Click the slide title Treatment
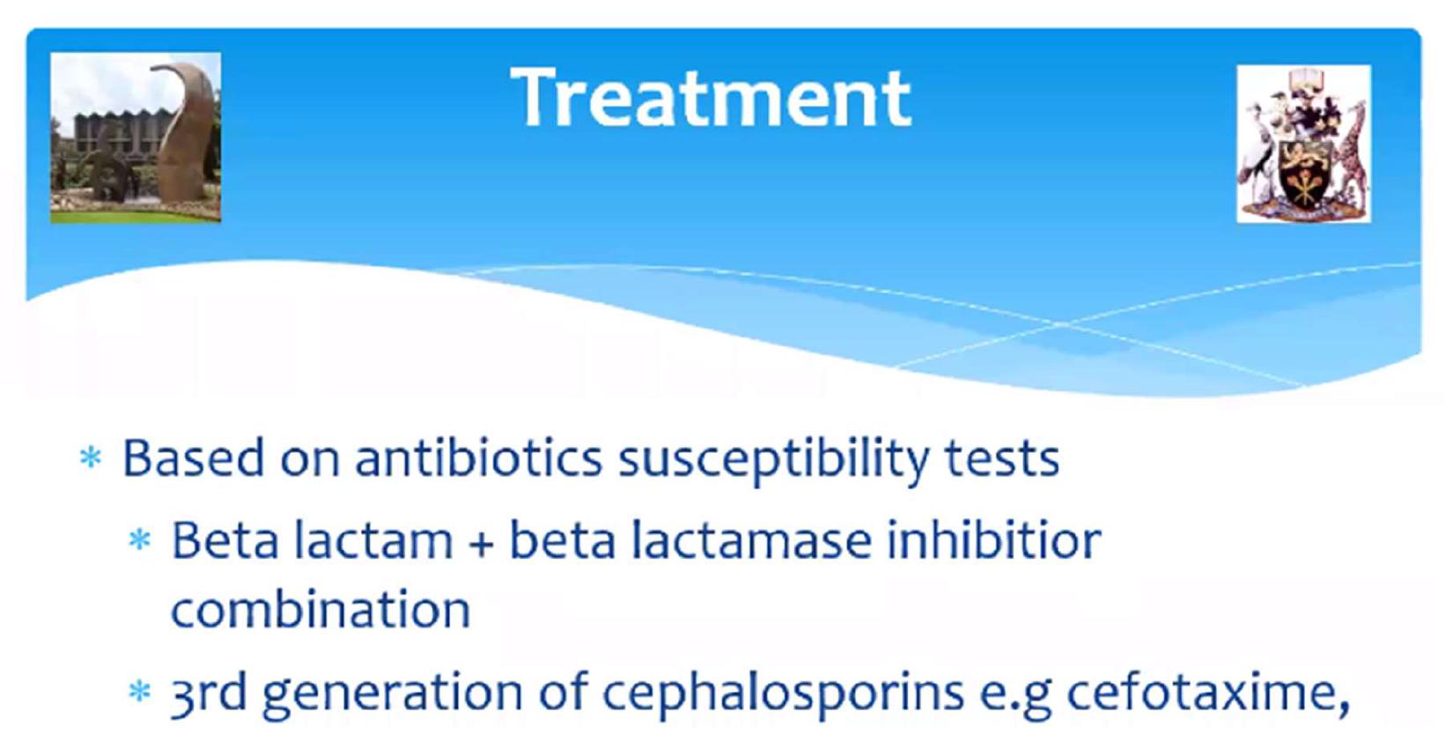coord(711,98)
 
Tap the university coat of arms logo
coord(1304,144)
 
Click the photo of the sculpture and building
coord(136,138)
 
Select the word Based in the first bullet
coord(193,457)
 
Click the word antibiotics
coord(478,457)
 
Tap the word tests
coord(1002,460)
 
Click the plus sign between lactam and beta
coord(481,543)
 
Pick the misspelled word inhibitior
coord(994,539)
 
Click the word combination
coord(321,608)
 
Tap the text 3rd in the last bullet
coord(209,691)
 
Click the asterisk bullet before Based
coord(91,457)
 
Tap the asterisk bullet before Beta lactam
coord(139,539)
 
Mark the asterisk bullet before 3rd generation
coord(139,691)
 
